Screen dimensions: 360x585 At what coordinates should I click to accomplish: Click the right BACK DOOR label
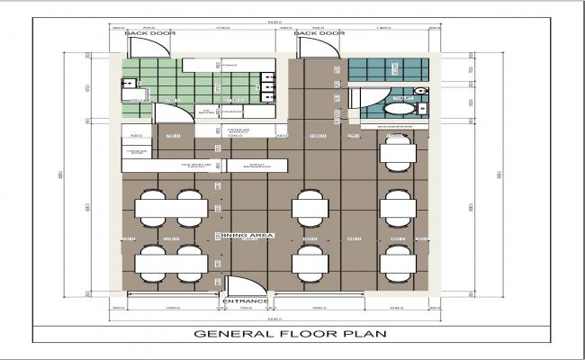click(321, 33)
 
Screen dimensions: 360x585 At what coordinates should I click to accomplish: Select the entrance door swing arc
click(238, 285)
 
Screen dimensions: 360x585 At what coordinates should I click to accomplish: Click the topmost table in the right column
click(397, 154)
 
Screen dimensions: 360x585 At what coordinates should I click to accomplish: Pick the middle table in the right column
click(397, 208)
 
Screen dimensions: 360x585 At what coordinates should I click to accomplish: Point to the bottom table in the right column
click(397, 263)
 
